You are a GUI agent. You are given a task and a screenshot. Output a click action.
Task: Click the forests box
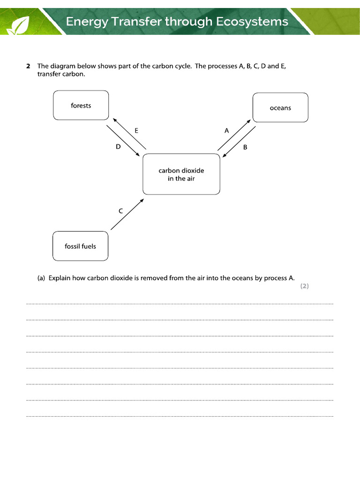click(x=81, y=105)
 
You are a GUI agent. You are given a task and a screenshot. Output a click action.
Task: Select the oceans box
click(x=280, y=108)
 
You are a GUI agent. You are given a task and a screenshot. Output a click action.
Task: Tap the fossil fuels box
click(x=80, y=246)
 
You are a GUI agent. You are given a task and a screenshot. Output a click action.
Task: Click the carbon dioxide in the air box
click(x=181, y=174)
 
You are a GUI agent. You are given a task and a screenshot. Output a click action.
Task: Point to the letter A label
click(x=227, y=131)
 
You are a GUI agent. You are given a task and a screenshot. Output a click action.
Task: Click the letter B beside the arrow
click(x=245, y=147)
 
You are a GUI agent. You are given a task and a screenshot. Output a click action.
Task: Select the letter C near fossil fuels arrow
click(x=120, y=211)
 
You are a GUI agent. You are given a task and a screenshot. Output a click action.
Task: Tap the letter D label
click(x=118, y=147)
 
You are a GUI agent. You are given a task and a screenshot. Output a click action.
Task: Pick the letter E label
click(x=136, y=131)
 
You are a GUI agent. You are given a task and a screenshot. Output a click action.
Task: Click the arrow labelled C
click(x=127, y=214)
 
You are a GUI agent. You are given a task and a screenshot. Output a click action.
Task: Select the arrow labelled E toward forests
click(x=130, y=134)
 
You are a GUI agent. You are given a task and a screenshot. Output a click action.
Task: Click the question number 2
click(x=29, y=67)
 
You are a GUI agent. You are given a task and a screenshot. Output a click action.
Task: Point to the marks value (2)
click(x=305, y=286)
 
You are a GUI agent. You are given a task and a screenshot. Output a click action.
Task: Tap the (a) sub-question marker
click(x=41, y=278)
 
